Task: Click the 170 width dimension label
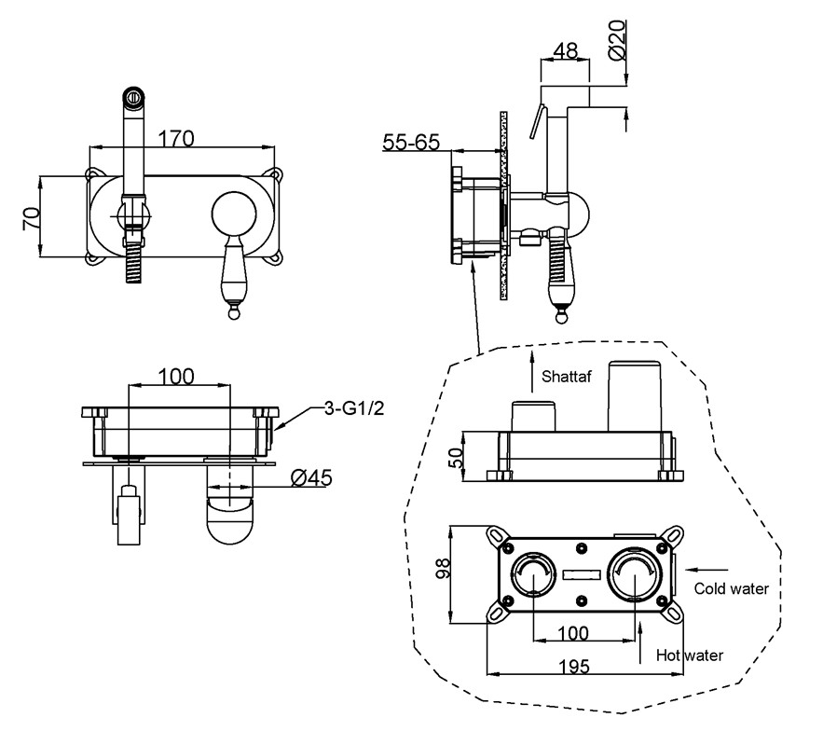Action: (x=176, y=139)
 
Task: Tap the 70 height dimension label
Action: (x=32, y=218)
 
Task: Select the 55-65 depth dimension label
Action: (x=411, y=142)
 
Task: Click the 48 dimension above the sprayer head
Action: (x=565, y=50)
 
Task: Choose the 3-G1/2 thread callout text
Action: (x=354, y=408)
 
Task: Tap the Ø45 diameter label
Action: (x=311, y=478)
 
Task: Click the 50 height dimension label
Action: (x=456, y=457)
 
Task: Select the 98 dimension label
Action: (x=444, y=568)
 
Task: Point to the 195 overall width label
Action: (x=574, y=667)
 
